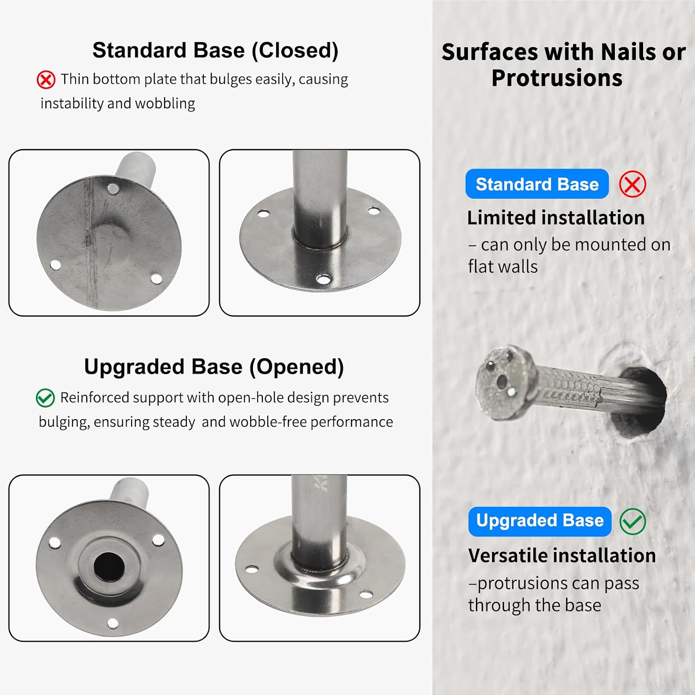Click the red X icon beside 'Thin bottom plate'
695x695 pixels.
[x=46, y=80]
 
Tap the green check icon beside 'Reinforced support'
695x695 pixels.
[x=45, y=398]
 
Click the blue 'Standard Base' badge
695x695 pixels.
[x=537, y=184]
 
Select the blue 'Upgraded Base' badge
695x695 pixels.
[x=540, y=521]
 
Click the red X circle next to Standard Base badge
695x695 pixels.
[x=632, y=184]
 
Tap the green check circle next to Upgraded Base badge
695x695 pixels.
[x=632, y=521]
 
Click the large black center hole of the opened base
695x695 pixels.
[x=109, y=566]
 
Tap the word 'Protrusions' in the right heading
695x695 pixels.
[x=557, y=78]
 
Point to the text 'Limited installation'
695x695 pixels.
[x=556, y=217]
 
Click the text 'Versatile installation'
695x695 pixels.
[x=562, y=555]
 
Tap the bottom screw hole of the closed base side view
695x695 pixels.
[x=323, y=279]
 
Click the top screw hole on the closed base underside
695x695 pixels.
[x=113, y=189]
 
